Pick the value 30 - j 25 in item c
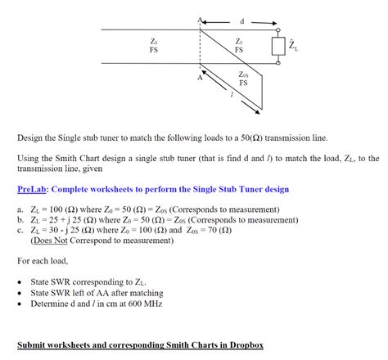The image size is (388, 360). coord(69,231)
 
